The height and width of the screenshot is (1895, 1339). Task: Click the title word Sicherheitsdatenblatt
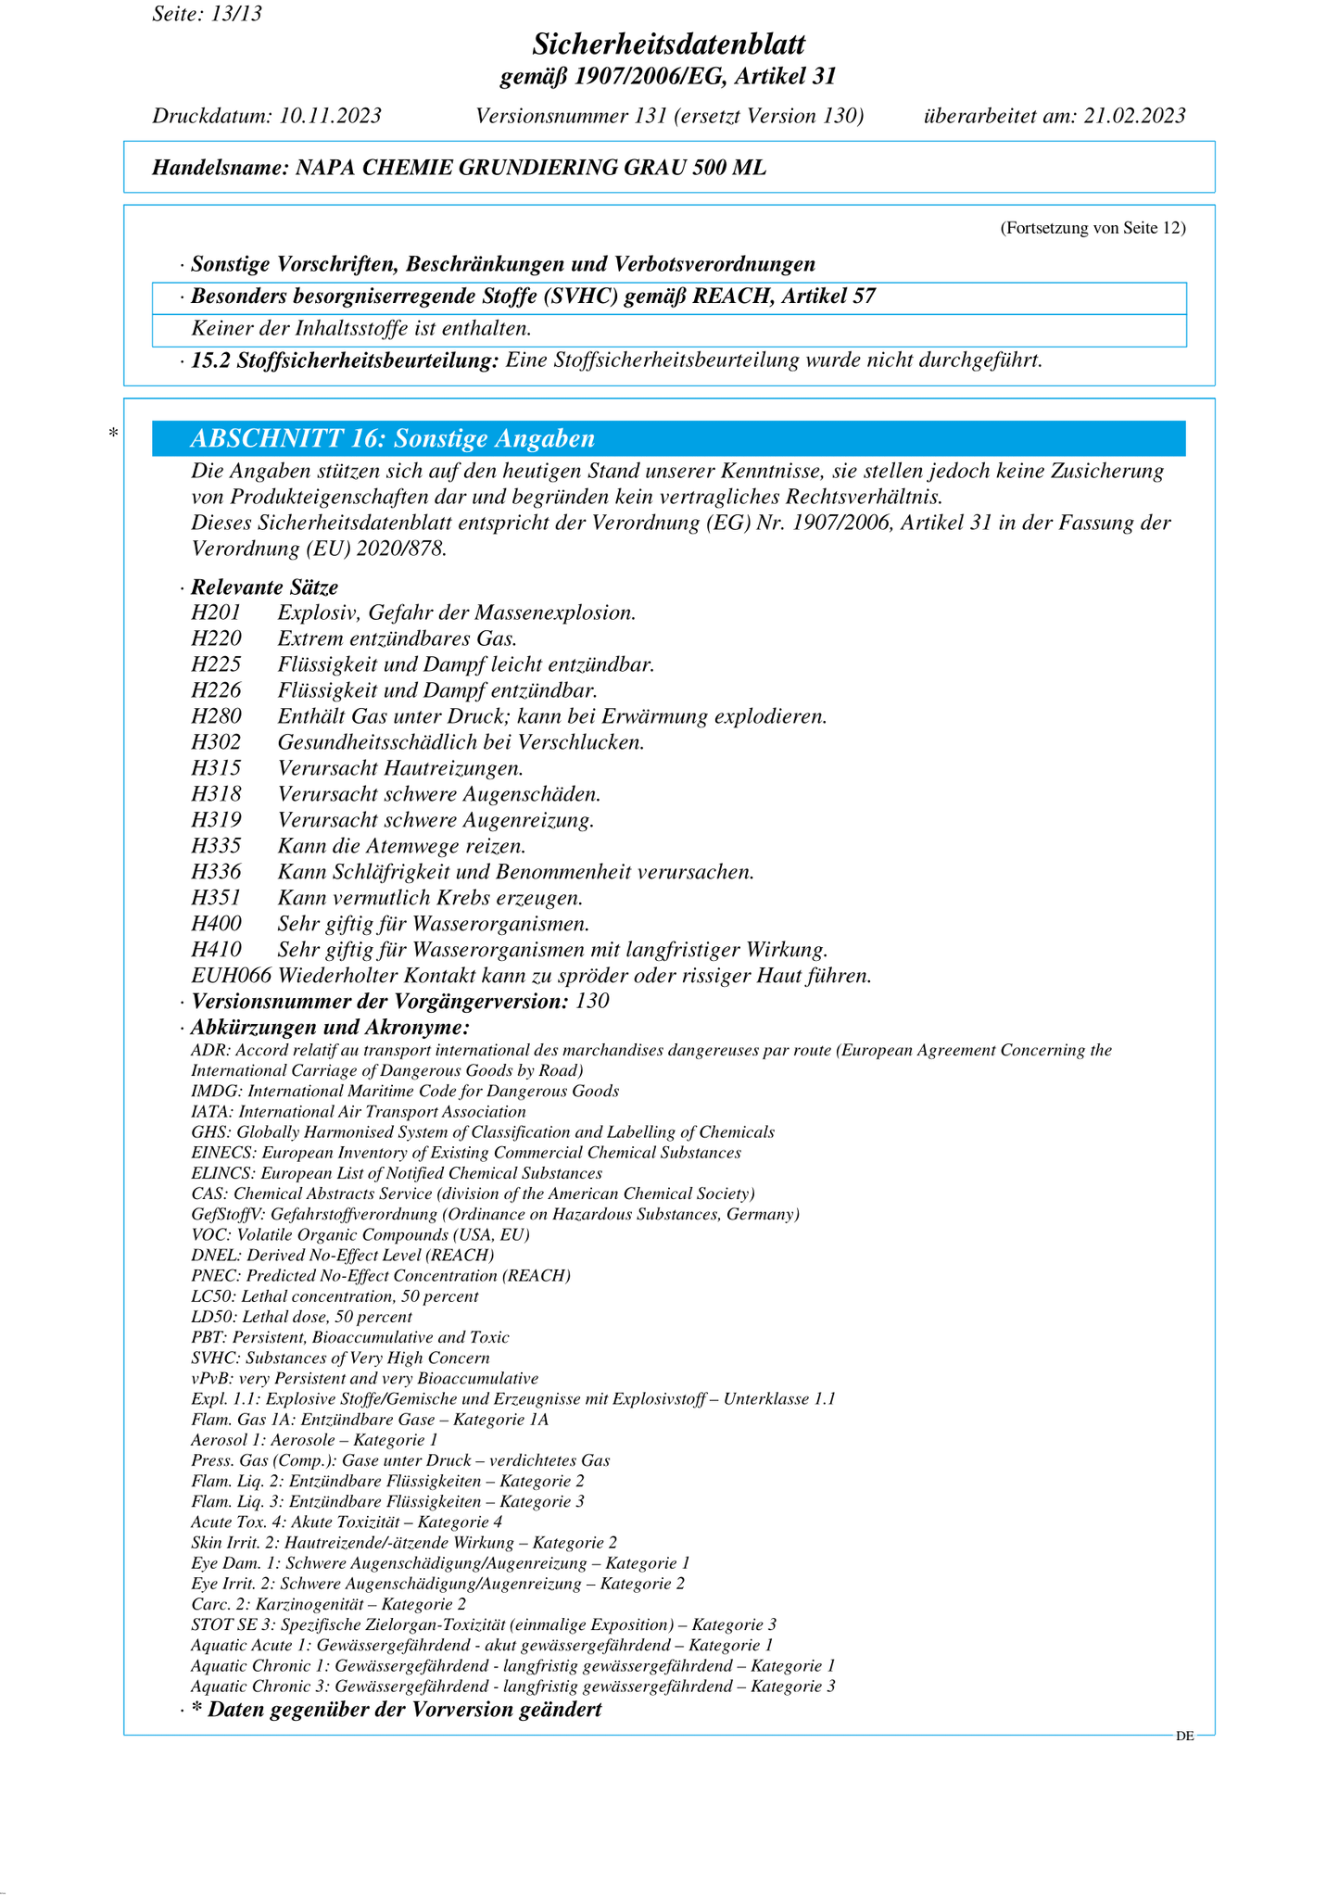click(669, 44)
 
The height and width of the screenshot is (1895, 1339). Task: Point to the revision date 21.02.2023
click(1134, 116)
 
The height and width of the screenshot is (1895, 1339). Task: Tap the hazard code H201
click(216, 613)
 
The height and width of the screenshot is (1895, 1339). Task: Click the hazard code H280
click(216, 716)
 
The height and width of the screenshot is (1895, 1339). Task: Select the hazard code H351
click(216, 898)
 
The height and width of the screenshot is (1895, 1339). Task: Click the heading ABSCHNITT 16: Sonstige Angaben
click(392, 438)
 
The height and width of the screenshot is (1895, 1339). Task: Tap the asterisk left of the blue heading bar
click(113, 434)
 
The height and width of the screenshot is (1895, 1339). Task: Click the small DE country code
click(1184, 1737)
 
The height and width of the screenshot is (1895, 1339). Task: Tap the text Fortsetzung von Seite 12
click(1093, 228)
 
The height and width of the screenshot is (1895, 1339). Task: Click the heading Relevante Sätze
click(264, 587)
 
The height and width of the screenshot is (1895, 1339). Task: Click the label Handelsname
click(219, 168)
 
